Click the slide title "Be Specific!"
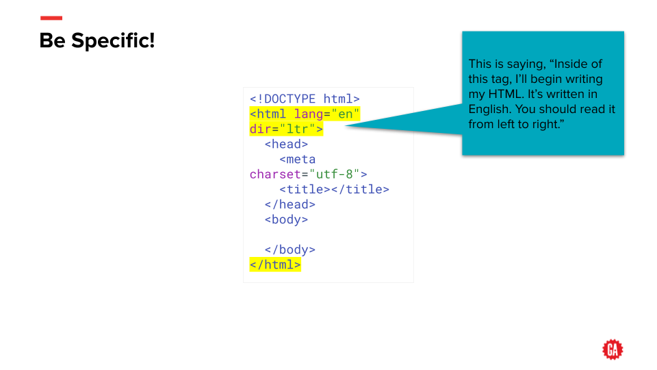pos(97,41)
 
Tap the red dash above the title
pos(51,18)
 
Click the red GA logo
pos(613,350)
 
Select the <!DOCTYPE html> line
pos(305,99)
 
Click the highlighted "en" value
pos(346,114)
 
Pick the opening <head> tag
pos(286,145)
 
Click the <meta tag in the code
pos(297,160)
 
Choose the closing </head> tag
pos(290,205)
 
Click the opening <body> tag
pos(286,220)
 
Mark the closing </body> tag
pos(290,250)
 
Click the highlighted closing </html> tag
pos(275,265)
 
